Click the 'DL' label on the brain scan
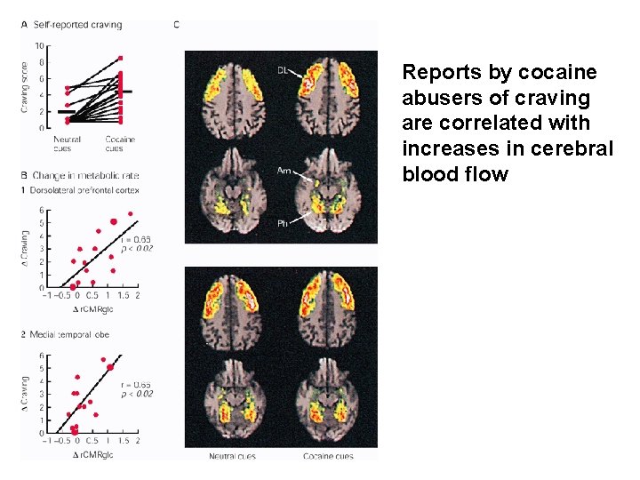(x=282, y=69)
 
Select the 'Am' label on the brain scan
(x=284, y=171)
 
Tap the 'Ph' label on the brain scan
(x=283, y=224)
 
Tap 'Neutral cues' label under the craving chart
(x=68, y=143)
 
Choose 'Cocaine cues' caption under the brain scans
(x=329, y=456)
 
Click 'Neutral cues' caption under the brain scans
(x=232, y=456)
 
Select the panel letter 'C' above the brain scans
(x=176, y=24)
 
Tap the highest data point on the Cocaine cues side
(x=120, y=59)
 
